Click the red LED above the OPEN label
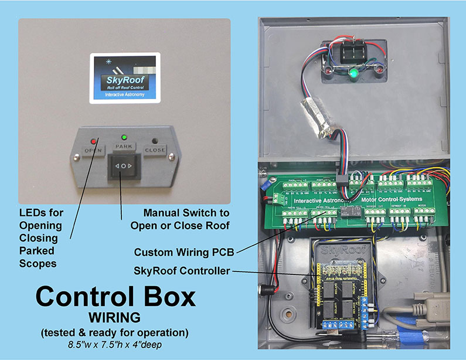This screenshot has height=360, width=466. [93, 141]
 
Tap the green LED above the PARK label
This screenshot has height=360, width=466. [124, 137]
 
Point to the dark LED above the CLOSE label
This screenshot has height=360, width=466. [155, 141]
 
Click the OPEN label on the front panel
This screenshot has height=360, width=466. [93, 150]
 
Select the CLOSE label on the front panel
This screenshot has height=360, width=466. [155, 150]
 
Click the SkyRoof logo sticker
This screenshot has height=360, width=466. [124, 78]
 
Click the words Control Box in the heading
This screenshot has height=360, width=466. [115, 297]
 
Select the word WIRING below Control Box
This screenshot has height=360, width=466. [115, 318]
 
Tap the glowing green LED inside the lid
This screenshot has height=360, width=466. [353, 74]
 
